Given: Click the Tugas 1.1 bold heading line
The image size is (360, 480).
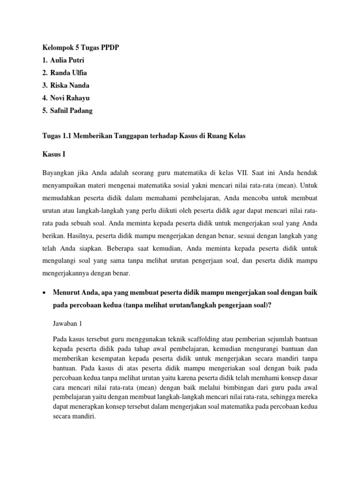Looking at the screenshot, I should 144,136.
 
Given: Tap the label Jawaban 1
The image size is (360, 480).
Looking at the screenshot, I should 69,323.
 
